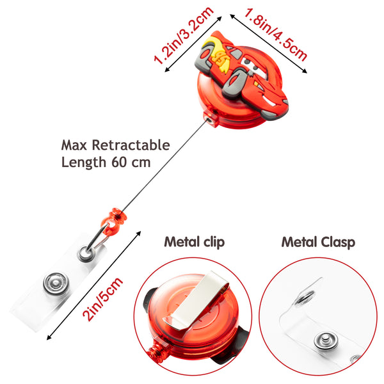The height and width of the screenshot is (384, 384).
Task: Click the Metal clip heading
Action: click(x=195, y=242)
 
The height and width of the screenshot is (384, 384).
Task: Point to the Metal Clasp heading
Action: click(x=318, y=242)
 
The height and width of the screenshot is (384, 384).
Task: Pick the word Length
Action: click(x=83, y=162)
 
